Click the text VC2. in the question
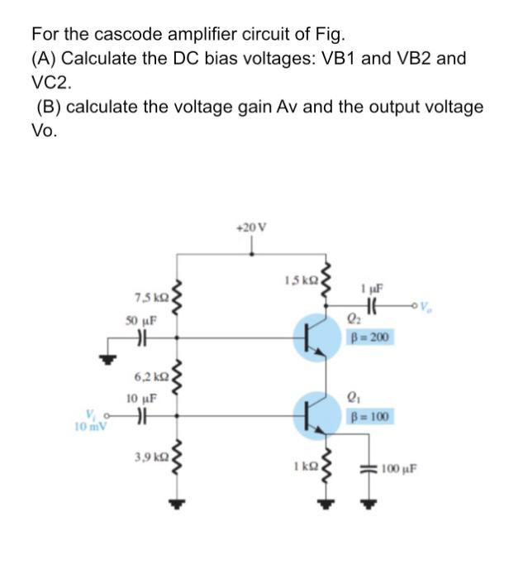(51, 84)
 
